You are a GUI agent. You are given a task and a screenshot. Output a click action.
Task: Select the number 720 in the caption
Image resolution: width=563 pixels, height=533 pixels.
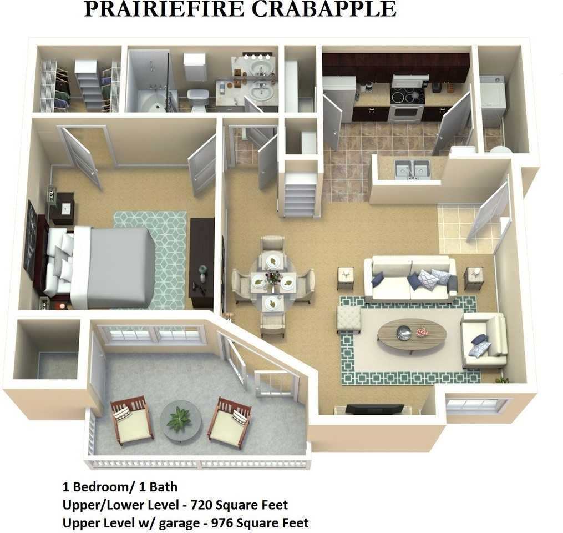click(x=201, y=505)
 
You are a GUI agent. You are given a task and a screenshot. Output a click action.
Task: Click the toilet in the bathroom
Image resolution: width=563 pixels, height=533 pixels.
click(x=197, y=100)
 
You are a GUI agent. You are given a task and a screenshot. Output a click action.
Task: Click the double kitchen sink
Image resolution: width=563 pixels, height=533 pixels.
click(x=413, y=169)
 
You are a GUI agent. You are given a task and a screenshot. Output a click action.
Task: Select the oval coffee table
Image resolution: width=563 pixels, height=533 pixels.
click(x=412, y=334)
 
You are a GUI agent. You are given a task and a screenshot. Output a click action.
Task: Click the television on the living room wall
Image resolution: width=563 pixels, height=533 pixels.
click(x=374, y=409)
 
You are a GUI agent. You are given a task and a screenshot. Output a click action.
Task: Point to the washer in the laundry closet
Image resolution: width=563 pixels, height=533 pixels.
click(x=492, y=100)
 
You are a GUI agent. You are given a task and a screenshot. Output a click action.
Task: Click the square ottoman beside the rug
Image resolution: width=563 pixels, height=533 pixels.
click(x=348, y=319)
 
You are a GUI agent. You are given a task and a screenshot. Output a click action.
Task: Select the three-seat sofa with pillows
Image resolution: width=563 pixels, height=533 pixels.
click(x=410, y=279)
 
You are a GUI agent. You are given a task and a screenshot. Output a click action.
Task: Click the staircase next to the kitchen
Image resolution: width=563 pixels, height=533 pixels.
click(x=300, y=195)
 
